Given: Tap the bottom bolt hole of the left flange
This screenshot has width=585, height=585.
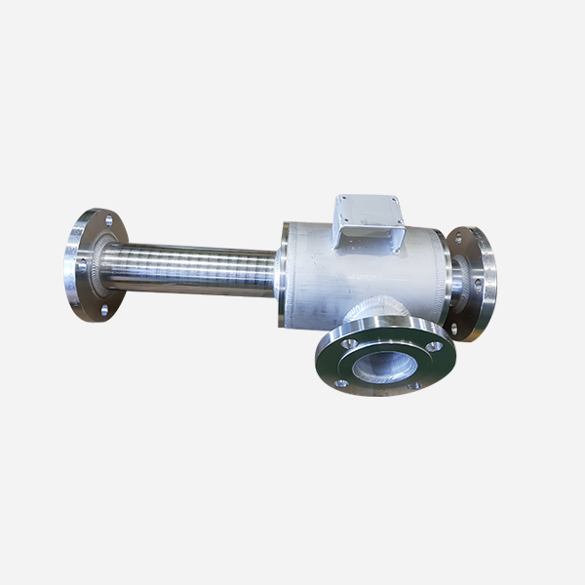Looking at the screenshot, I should point(102,310).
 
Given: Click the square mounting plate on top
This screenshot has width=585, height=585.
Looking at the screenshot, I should point(367,220).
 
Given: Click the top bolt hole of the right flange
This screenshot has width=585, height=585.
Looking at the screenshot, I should point(459,237).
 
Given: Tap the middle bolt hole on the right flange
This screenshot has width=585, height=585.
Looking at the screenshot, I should point(481,283).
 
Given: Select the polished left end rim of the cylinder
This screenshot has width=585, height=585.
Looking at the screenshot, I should point(284,275).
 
